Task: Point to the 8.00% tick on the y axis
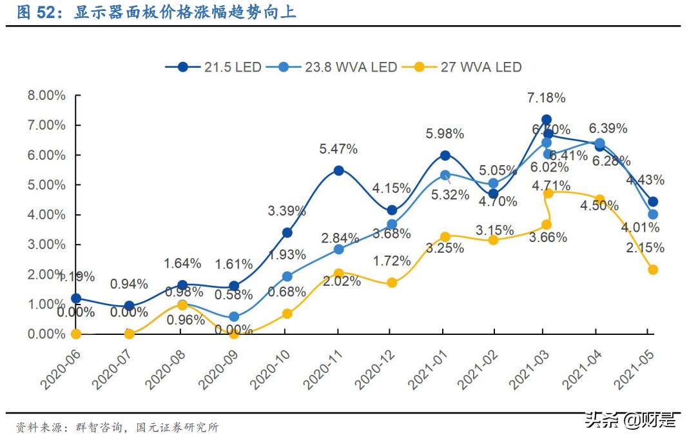point(46,95)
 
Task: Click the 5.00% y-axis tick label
point(46,185)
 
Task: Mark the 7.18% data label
point(546,98)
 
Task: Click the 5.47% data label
point(338,149)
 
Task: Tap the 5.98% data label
point(445,134)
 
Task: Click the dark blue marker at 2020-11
point(338,171)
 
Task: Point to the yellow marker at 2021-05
point(652,270)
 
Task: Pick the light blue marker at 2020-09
point(234,317)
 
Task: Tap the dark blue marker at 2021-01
point(445,156)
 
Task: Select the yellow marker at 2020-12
point(391,283)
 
